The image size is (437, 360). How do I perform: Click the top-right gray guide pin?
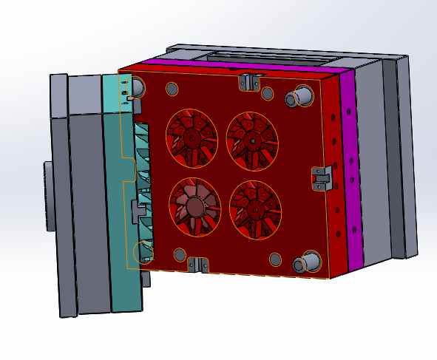tap(303, 95)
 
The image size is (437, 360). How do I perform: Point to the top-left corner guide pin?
tap(136, 89)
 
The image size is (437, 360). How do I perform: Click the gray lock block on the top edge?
tap(248, 81)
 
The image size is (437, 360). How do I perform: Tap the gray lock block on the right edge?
tap(320, 178)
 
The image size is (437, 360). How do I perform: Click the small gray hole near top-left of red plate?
tap(172, 89)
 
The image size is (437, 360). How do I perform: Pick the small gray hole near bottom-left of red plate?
tap(179, 255)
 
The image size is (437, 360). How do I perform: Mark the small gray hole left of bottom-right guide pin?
tap(275, 259)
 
